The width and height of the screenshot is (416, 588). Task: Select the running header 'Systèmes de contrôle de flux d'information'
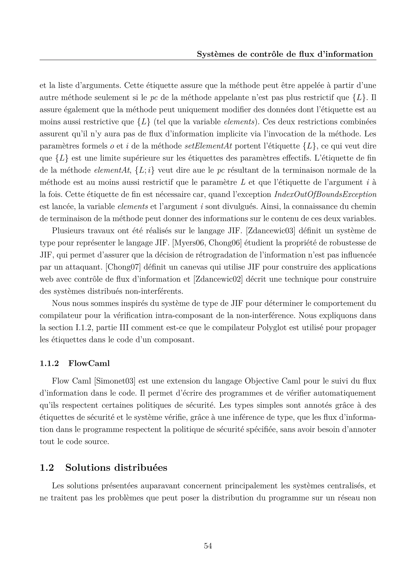(285, 54)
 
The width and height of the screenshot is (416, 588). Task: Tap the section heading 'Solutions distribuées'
(116, 467)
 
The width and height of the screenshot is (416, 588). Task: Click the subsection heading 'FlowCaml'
(89, 363)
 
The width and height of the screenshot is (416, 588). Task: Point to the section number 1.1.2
(49, 363)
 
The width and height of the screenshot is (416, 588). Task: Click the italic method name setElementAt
(208, 146)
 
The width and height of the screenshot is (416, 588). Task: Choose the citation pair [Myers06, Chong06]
(207, 243)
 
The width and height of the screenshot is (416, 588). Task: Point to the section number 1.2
(47, 467)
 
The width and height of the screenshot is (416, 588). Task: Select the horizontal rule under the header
(208, 60)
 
